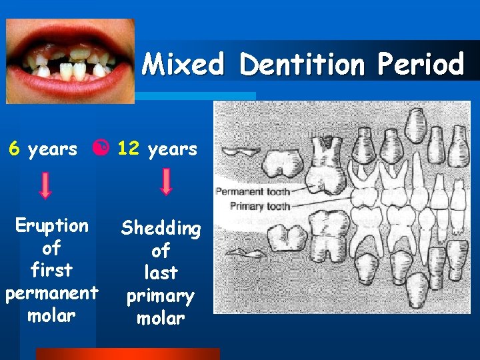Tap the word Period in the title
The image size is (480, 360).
click(x=420, y=65)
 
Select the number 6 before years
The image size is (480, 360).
click(x=14, y=149)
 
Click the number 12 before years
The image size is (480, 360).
click(x=127, y=148)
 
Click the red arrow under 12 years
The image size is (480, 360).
click(x=166, y=181)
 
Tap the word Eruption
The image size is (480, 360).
click(x=51, y=225)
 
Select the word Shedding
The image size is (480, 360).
click(x=161, y=229)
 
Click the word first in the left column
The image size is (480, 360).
click(x=51, y=271)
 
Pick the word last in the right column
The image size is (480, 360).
click(x=161, y=273)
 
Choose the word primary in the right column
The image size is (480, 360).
click(x=161, y=296)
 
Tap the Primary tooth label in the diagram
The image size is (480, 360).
click(x=259, y=206)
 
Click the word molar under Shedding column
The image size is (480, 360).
click(x=161, y=319)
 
